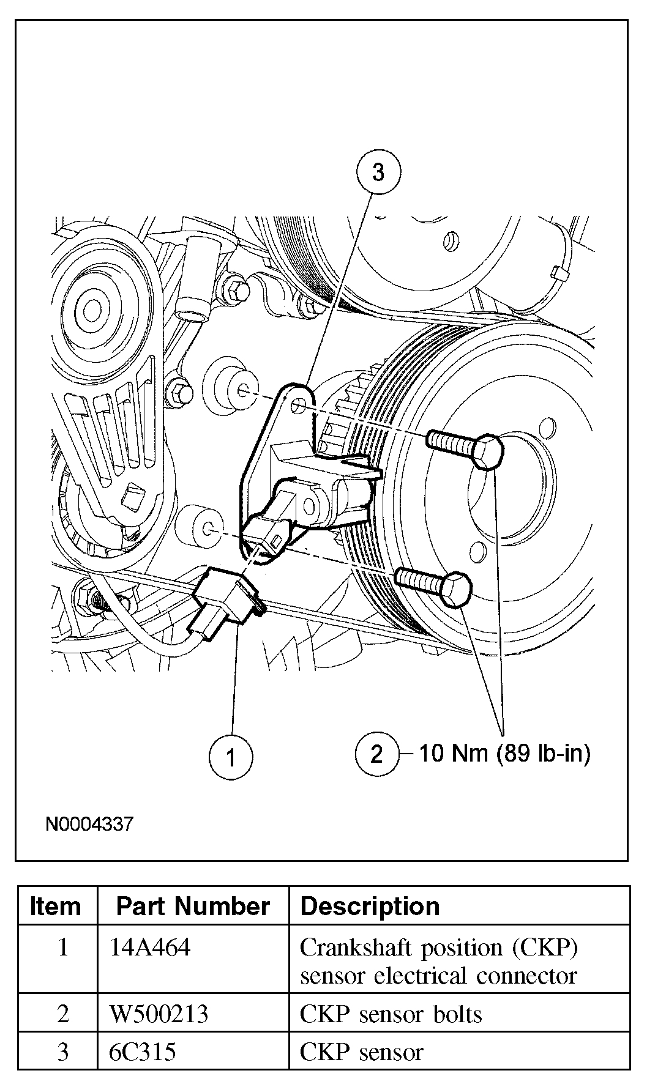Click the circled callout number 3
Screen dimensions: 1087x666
(378, 173)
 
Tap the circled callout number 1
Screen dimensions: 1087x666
(231, 757)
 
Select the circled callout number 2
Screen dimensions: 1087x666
(376, 754)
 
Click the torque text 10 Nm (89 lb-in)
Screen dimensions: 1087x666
(504, 753)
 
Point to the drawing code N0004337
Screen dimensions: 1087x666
(89, 824)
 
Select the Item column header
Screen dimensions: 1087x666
(55, 906)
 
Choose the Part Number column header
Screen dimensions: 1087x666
(193, 906)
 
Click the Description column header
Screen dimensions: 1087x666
(370, 906)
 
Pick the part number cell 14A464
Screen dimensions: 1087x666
(150, 948)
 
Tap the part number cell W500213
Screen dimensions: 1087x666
(159, 1014)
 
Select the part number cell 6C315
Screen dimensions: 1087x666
(143, 1052)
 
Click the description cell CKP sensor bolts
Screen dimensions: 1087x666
(391, 1014)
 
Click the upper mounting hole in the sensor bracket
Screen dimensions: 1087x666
(298, 406)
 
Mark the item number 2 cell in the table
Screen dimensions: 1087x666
(63, 1014)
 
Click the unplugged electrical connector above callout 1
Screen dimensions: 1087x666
(223, 602)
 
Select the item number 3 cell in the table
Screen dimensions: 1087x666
(63, 1052)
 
